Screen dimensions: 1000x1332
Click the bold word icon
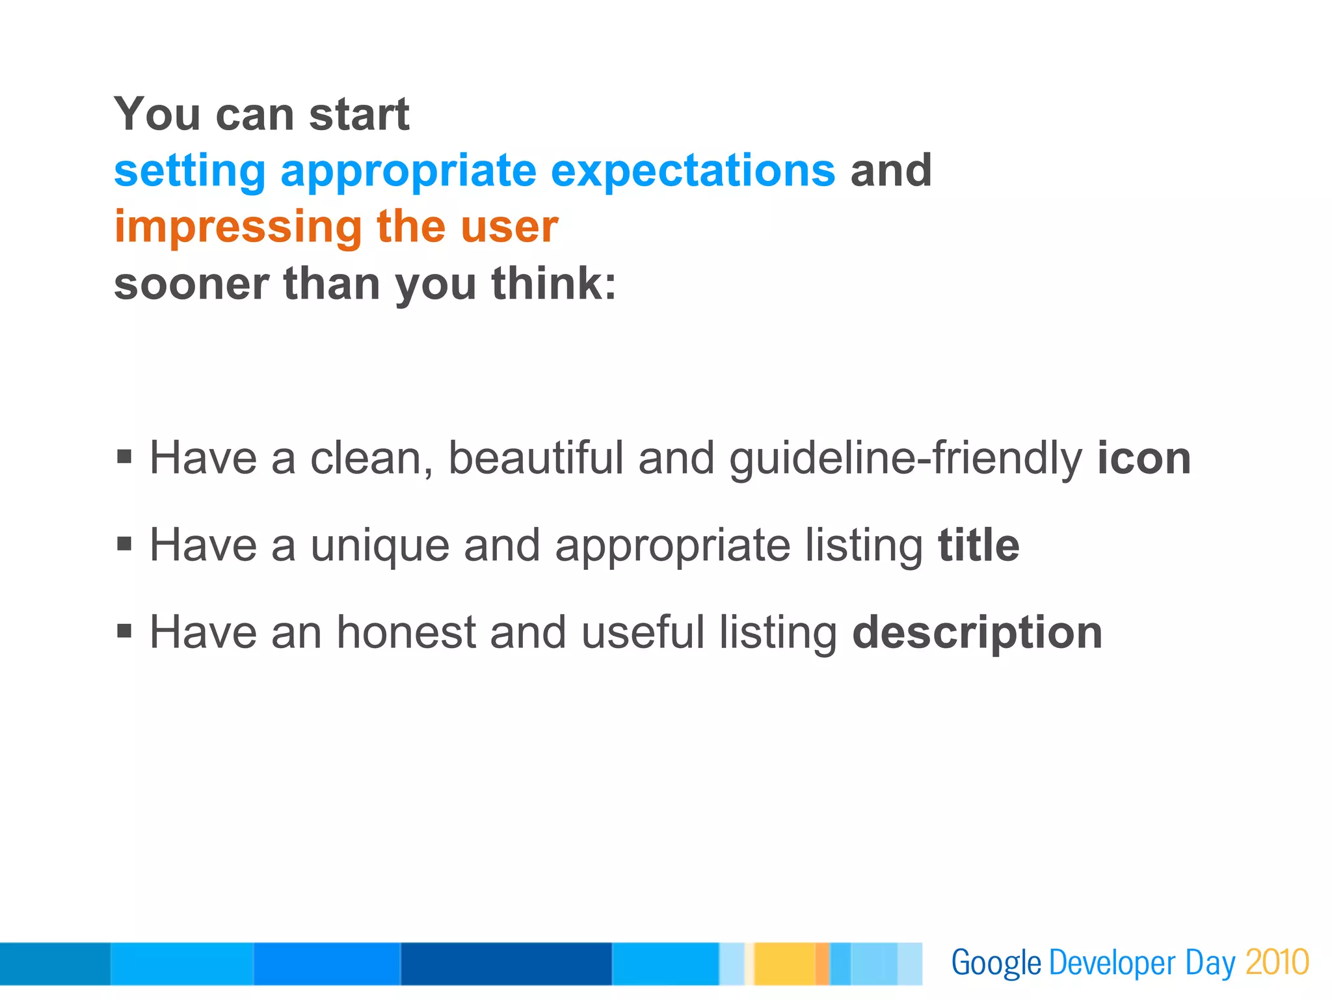click(x=1144, y=458)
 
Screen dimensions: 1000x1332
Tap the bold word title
click(x=978, y=545)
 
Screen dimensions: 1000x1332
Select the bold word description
click(x=977, y=632)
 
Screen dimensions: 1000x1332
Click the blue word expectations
click(x=693, y=171)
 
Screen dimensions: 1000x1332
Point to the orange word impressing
click(x=238, y=227)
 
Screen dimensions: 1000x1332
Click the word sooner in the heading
click(x=191, y=284)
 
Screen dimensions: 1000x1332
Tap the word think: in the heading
click(x=553, y=284)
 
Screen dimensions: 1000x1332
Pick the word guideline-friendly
click(x=905, y=458)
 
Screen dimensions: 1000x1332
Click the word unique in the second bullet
click(x=380, y=545)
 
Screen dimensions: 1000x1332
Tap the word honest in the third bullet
click(x=406, y=632)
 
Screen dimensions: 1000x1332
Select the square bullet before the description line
click(x=124, y=630)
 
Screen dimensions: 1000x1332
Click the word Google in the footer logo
click(x=996, y=963)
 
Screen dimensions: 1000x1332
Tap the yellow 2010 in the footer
click(x=1277, y=963)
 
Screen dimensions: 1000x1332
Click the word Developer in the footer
click(x=1112, y=963)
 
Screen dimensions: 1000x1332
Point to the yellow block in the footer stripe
click(x=784, y=964)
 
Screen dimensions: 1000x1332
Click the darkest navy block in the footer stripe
click(x=506, y=964)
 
